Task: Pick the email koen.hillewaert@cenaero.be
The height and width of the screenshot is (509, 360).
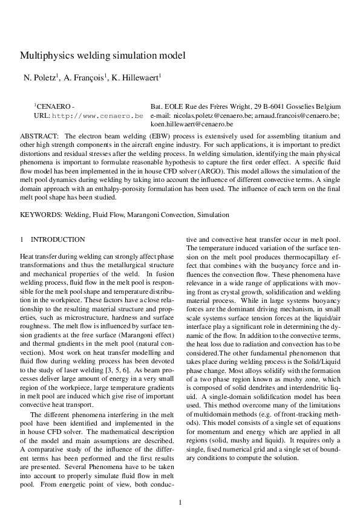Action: pos(189,123)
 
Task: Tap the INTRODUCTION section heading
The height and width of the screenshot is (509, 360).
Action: pos(58,240)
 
